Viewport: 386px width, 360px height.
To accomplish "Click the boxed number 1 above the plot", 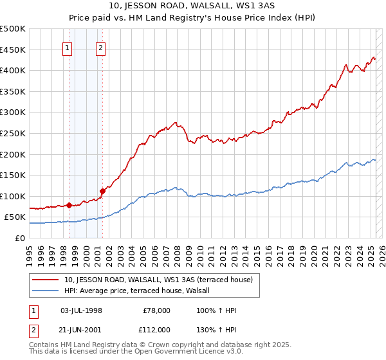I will (68, 46).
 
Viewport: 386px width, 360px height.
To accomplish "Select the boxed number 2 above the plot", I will (102, 46).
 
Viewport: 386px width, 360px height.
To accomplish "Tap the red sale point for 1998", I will (69, 206).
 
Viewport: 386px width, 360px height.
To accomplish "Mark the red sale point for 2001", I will (102, 191).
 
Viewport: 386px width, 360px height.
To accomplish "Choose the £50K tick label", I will (15, 217).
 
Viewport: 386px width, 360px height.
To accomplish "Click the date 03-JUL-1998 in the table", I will (81, 310).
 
